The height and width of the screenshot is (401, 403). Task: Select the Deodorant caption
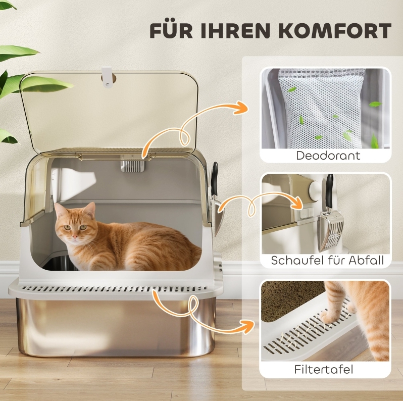click(x=328, y=156)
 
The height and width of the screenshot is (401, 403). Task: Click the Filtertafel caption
click(x=324, y=369)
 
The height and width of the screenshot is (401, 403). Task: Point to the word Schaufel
click(x=297, y=260)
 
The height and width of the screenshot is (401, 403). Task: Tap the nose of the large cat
click(x=75, y=236)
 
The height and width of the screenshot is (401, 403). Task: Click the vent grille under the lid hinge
click(x=133, y=166)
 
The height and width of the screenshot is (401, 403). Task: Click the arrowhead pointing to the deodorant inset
click(x=241, y=108)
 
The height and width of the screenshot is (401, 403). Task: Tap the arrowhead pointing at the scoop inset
click(x=296, y=203)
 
